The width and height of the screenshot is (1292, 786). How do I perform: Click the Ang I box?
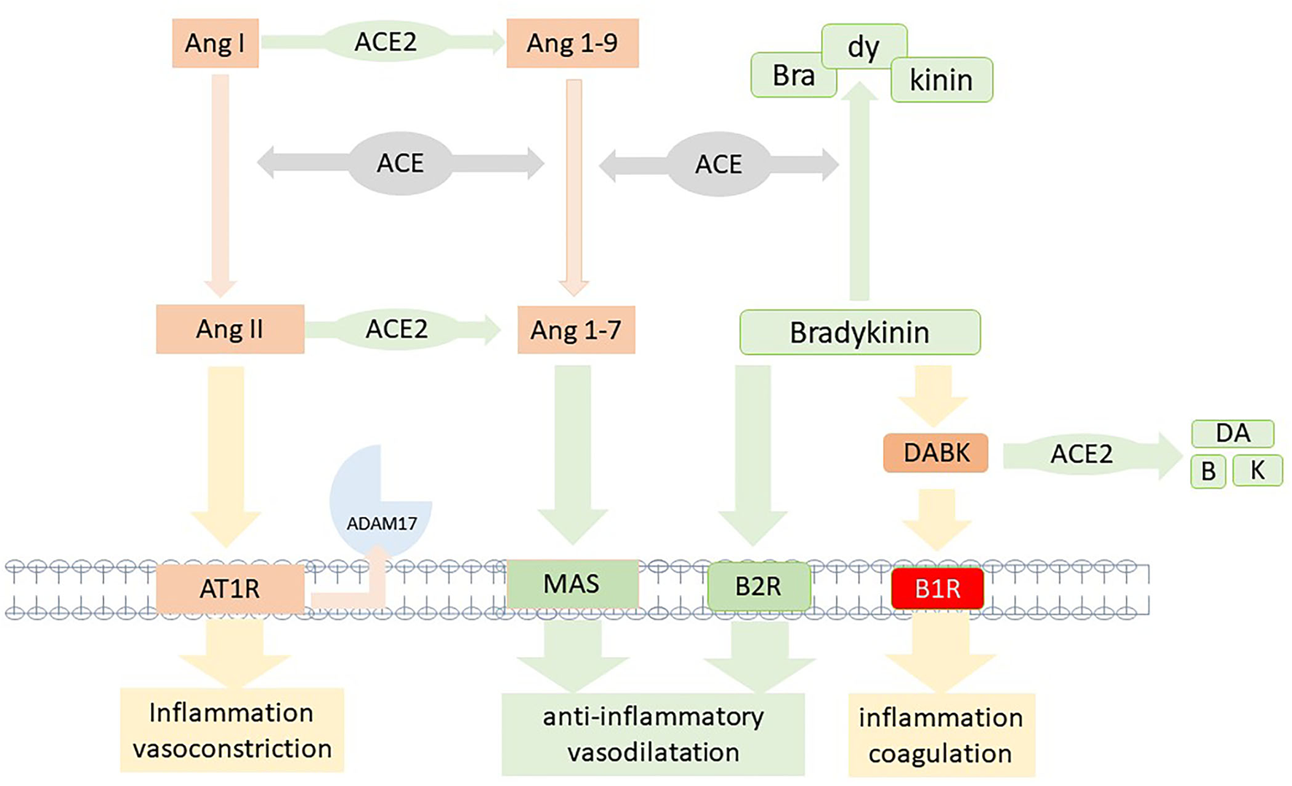click(215, 44)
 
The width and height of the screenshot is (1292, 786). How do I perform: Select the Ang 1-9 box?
click(572, 44)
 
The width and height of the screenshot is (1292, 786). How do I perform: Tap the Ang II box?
click(230, 330)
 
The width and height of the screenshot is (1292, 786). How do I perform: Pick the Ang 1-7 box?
click(576, 330)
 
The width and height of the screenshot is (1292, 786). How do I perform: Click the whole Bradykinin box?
click(860, 332)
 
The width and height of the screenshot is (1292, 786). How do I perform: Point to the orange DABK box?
click(936, 453)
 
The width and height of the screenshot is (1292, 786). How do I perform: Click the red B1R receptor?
click(938, 588)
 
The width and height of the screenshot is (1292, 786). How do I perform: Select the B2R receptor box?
click(758, 586)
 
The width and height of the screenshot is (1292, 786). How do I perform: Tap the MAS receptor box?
click(572, 584)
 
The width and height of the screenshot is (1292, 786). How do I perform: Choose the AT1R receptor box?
click(230, 588)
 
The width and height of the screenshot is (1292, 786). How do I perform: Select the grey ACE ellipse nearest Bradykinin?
click(719, 164)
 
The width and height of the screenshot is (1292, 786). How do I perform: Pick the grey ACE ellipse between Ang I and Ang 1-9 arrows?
click(400, 163)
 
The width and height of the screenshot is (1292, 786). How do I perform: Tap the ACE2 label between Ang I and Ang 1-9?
click(386, 42)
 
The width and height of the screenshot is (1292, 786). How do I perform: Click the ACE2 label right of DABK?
click(1081, 454)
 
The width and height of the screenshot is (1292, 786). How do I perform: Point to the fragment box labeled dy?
click(864, 47)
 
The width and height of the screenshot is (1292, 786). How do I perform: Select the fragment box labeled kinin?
click(941, 80)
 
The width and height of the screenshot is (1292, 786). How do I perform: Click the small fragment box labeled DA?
click(1232, 433)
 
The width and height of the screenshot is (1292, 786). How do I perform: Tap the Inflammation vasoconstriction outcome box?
click(232, 731)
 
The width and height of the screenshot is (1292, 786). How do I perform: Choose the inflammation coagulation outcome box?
click(941, 735)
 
